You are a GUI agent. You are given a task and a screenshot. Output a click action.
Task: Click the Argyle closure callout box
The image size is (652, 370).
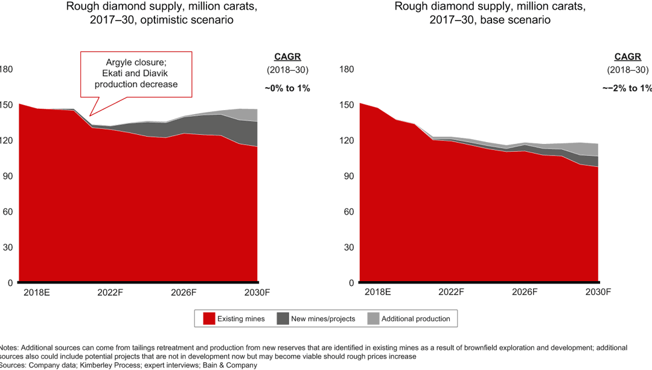pos(136,74)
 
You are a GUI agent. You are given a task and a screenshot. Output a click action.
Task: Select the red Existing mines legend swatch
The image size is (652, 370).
pos(209,319)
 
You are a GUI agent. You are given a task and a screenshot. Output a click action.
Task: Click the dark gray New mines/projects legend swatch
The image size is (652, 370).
pos(282,319)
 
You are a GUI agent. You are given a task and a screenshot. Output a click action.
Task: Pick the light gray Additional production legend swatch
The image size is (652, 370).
pos(372,319)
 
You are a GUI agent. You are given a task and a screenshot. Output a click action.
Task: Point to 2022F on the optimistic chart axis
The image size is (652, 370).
pos(110,292)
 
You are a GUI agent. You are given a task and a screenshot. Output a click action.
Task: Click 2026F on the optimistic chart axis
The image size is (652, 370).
pos(184,292)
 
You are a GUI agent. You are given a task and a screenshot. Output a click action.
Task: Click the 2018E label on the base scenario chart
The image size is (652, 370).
pos(378,292)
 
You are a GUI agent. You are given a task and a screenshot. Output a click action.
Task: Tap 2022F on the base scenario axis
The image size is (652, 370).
pos(451,292)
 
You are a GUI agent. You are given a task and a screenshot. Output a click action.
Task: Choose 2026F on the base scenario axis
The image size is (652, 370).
pos(524,292)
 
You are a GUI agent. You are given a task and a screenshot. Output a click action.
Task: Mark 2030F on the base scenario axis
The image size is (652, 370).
pos(598,292)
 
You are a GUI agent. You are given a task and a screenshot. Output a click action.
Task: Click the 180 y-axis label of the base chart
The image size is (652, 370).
pos(347,69)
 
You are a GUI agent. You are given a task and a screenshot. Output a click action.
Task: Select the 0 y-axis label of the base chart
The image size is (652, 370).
pos(351,283)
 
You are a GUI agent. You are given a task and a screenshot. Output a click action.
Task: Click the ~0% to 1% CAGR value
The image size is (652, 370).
pos(287,88)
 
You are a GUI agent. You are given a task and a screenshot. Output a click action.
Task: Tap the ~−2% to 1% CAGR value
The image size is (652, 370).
pos(627,88)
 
